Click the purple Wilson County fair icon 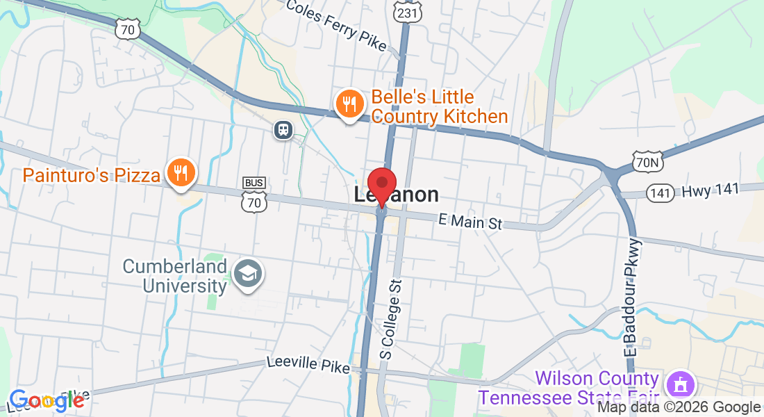point(676,384)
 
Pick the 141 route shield point(661,193)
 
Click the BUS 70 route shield point(254,195)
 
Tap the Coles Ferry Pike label point(337,23)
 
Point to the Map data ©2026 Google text point(679,408)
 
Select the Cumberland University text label point(175,275)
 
